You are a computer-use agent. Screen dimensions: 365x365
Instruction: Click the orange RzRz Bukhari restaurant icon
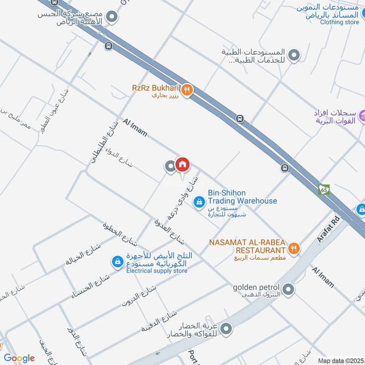tap(186, 90)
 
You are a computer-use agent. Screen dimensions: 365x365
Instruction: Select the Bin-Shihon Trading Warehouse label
tap(242, 197)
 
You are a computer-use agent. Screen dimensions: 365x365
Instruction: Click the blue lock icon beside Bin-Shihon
tap(199, 201)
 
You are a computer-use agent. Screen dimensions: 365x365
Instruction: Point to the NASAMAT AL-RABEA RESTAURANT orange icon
tap(294, 248)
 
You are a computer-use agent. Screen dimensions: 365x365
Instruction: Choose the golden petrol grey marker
tap(288, 289)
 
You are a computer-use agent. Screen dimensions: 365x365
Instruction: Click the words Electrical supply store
tap(157, 271)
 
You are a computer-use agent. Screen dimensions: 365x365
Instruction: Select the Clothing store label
tap(339, 22)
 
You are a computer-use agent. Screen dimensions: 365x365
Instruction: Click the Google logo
tap(19, 358)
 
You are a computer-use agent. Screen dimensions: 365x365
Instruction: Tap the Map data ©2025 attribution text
tap(340, 360)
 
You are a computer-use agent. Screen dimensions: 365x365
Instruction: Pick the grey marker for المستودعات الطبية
tap(295, 56)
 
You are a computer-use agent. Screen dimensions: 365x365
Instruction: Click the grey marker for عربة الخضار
tap(226, 328)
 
